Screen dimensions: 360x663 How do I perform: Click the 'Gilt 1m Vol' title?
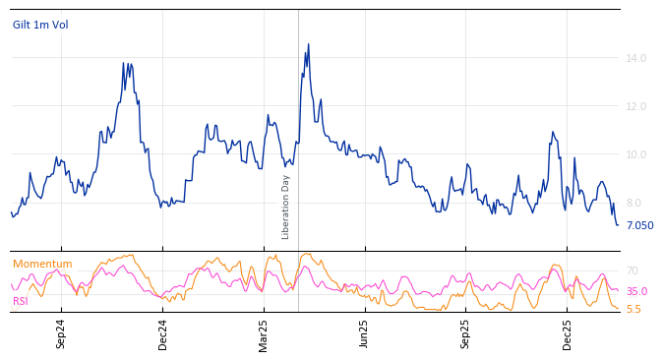click(40, 25)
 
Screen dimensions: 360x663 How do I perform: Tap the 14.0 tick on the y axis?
click(636, 58)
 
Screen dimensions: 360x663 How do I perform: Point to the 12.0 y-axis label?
click(636, 106)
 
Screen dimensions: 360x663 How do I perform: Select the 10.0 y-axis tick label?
click(636, 154)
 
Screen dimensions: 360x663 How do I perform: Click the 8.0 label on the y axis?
click(633, 203)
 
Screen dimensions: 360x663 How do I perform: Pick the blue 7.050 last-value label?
click(639, 225)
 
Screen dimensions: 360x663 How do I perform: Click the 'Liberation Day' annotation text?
click(286, 208)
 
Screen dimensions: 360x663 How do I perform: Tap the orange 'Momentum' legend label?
click(42, 264)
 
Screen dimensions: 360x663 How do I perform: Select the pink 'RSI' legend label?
click(20, 301)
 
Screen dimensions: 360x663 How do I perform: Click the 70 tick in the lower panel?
click(633, 270)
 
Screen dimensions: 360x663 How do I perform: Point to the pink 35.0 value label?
click(636, 291)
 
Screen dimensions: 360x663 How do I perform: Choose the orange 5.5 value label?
click(633, 309)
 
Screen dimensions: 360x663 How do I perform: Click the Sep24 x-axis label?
click(61, 333)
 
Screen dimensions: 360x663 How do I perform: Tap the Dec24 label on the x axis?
click(163, 333)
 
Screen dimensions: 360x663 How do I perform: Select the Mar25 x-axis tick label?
click(264, 333)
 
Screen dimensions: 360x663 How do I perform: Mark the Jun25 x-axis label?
click(365, 333)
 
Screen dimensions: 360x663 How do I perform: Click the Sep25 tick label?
click(466, 333)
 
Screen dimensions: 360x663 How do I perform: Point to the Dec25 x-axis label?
click(568, 333)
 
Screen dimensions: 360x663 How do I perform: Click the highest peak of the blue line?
click(308, 44)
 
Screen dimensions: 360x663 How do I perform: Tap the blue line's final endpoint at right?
click(618, 225)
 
